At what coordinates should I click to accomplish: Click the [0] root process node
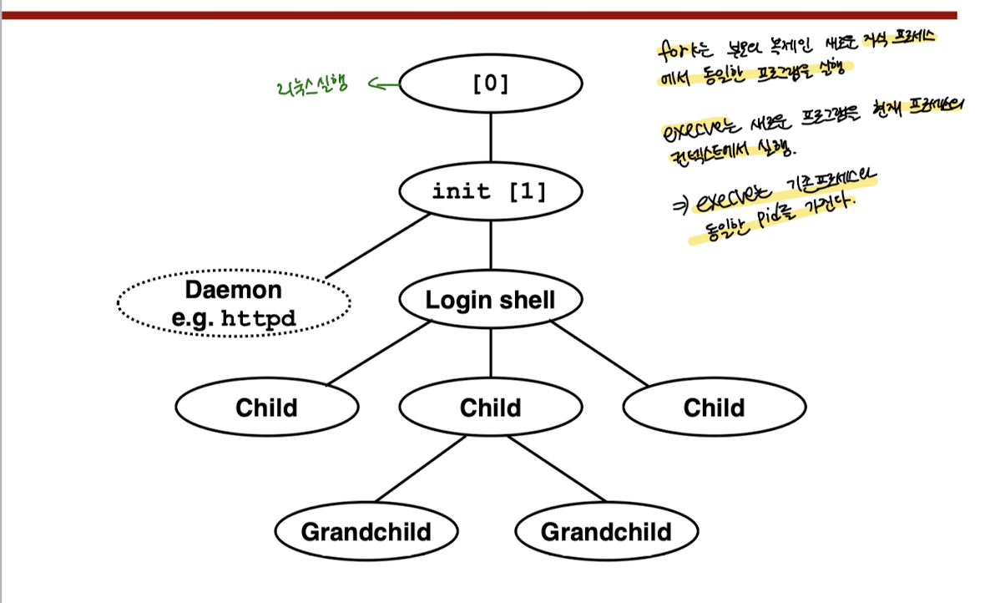490,84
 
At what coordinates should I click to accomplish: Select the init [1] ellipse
490,191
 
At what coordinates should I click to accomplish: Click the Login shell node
490,300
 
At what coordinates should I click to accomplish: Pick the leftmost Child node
266,408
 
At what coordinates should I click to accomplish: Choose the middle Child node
490,408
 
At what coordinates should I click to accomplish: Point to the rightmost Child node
714,408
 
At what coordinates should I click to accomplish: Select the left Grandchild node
366,532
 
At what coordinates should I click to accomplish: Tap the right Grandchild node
606,532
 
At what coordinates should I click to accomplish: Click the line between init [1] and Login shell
490,246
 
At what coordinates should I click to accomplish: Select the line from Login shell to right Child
598,354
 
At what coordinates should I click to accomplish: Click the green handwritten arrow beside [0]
381,84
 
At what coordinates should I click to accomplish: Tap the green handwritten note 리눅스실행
311,85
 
